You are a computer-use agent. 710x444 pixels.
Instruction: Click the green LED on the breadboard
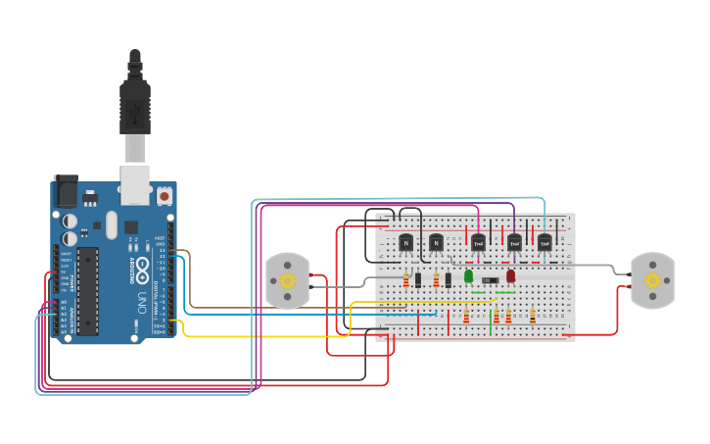point(468,276)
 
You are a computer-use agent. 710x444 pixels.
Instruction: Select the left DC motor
point(288,281)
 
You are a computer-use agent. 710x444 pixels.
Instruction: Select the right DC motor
point(652,280)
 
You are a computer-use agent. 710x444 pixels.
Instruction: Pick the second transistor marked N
point(437,242)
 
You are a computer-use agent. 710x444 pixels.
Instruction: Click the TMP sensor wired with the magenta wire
point(478,242)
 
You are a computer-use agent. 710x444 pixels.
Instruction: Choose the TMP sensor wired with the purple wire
point(514,242)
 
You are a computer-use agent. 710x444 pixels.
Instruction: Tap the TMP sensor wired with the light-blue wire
point(545,242)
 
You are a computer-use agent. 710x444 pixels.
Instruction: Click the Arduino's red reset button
point(165,196)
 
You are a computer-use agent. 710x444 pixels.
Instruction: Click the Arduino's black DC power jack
point(66,190)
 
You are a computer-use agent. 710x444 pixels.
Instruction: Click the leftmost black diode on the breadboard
point(418,280)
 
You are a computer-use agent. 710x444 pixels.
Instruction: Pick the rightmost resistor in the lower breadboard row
point(533,316)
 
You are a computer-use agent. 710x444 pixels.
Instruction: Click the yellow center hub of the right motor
point(652,280)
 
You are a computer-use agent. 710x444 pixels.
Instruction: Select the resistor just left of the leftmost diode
point(405,280)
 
